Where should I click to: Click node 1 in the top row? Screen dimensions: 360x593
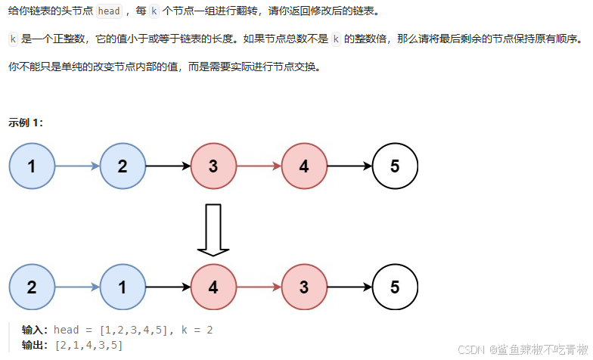tap(32, 166)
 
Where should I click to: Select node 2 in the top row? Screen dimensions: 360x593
tap(123, 166)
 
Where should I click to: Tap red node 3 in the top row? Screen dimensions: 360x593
tap(213, 166)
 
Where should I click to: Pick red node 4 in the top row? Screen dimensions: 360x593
tap(304, 166)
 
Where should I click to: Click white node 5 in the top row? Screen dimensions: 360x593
tap(395, 166)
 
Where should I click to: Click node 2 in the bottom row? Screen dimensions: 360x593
tap(32, 287)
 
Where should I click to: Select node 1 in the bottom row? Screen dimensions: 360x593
tap(123, 287)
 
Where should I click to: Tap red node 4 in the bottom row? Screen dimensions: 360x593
tap(213, 287)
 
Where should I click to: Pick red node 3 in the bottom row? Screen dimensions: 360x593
tap(304, 287)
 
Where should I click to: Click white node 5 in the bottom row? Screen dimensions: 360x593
tap(395, 287)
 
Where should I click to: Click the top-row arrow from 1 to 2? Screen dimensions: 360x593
tap(77, 166)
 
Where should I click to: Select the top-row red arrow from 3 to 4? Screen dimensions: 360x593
tap(259, 166)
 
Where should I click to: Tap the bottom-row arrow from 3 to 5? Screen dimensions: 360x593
tap(349, 287)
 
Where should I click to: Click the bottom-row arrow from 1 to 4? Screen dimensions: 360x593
tap(168, 287)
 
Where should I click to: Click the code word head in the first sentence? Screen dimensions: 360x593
tap(110, 11)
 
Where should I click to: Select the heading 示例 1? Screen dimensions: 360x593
tap(26, 122)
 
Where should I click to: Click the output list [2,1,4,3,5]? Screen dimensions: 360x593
tap(88, 345)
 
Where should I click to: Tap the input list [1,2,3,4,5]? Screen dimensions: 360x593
tap(132, 330)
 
